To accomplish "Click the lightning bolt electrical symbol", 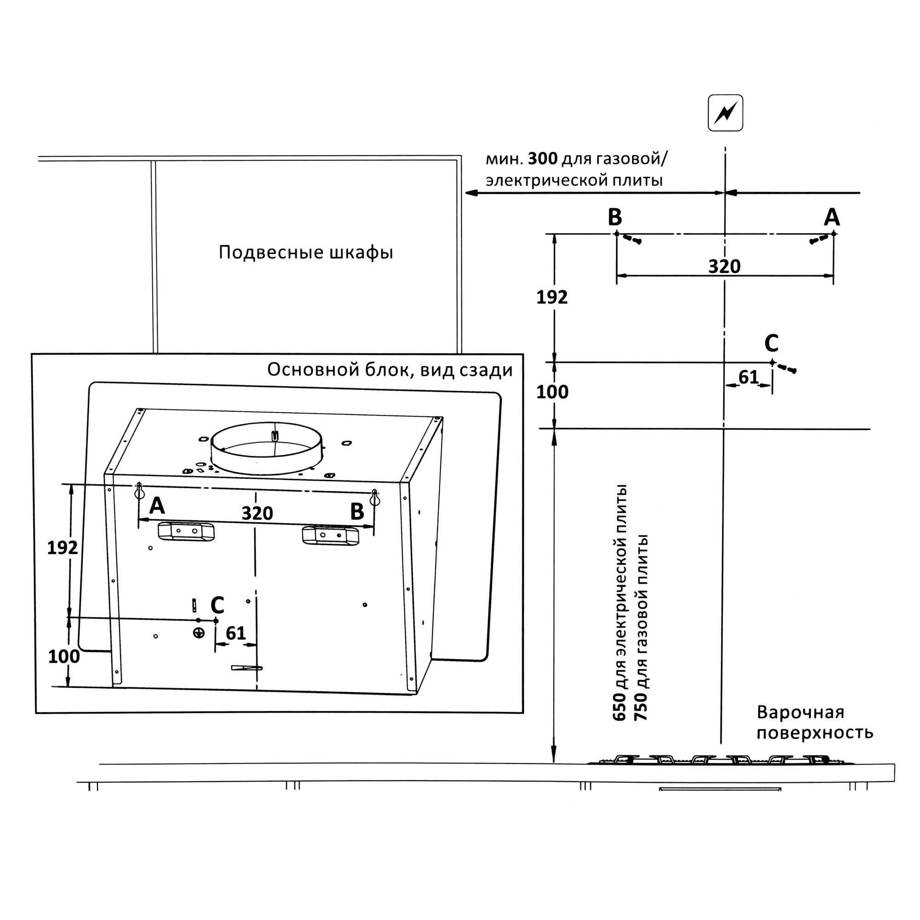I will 725,113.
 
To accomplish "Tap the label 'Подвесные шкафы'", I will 306,253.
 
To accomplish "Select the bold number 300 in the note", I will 542,159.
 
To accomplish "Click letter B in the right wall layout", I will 615,218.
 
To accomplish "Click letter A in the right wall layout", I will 831,218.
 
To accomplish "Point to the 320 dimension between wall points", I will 724,267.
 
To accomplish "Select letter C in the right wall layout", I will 771,343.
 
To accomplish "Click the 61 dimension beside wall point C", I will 748,378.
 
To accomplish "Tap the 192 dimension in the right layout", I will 552,298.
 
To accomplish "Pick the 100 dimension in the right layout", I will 552,392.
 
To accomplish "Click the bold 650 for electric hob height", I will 620,707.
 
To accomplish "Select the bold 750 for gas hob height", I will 641,707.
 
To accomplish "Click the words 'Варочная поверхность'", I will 814,723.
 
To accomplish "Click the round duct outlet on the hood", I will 266,448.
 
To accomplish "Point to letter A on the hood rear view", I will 157,506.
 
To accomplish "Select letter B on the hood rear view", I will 357,512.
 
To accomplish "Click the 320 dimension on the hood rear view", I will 257,513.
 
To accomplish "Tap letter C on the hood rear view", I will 217,606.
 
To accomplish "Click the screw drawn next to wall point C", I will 787,368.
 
